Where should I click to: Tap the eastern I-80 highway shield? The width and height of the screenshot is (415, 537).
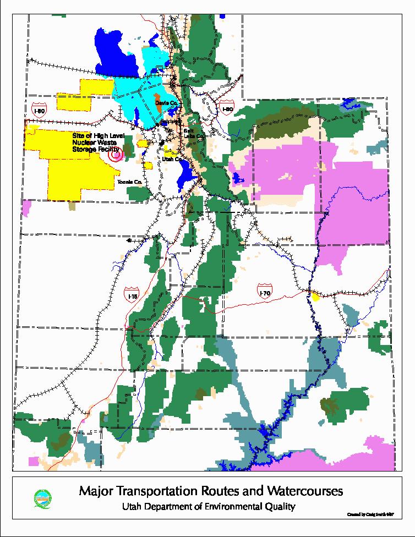coord(227,108)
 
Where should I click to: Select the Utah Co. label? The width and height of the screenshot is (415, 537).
coord(172,158)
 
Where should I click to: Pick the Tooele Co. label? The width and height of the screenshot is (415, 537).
coord(130,182)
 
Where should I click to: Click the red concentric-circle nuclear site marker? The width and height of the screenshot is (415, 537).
coord(116,156)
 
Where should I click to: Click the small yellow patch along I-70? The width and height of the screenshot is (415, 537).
coord(315,297)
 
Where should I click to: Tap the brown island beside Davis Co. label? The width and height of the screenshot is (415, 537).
coord(159,106)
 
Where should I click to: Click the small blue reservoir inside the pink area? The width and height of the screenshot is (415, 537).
coord(238,178)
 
